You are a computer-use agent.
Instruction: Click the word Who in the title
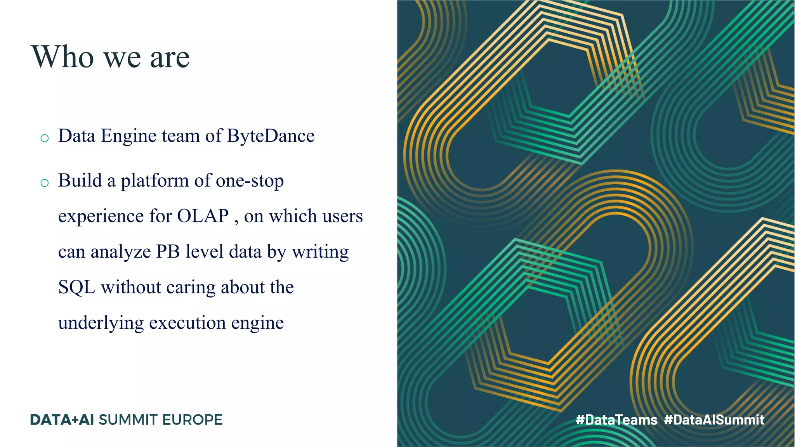click(63, 57)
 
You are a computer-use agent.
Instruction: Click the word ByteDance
click(271, 136)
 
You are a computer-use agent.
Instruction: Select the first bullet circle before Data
click(45, 138)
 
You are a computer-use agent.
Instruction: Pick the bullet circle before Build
click(45, 183)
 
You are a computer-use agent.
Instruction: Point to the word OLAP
click(203, 216)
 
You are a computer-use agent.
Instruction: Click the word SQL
click(76, 288)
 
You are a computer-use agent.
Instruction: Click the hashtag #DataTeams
click(616, 420)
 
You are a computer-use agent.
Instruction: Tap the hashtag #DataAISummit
click(714, 420)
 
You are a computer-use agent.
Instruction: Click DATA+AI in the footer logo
click(62, 420)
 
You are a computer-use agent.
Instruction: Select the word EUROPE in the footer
click(192, 420)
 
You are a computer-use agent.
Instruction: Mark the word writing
click(320, 252)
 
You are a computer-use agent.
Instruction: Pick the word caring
click(191, 288)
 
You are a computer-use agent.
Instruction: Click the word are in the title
click(170, 57)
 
